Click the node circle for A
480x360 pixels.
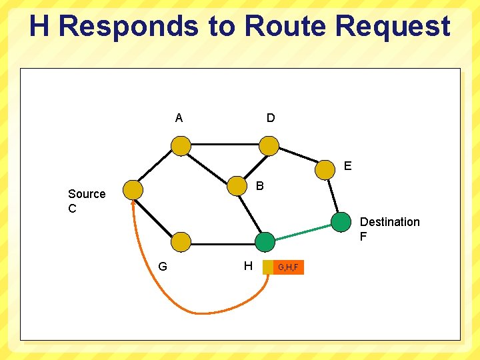click(180, 145)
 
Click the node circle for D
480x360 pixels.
click(269, 145)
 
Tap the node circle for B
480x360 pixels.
click(237, 186)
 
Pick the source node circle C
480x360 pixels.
click(133, 190)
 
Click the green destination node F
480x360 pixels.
click(341, 222)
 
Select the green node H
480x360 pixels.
click(265, 242)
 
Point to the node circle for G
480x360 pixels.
click(180, 242)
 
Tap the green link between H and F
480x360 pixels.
click(303, 232)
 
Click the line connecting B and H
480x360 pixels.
click(251, 215)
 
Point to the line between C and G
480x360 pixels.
click(156, 215)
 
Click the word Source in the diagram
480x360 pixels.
click(87, 194)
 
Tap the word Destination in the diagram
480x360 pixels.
click(389, 222)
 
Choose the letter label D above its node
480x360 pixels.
click(270, 119)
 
